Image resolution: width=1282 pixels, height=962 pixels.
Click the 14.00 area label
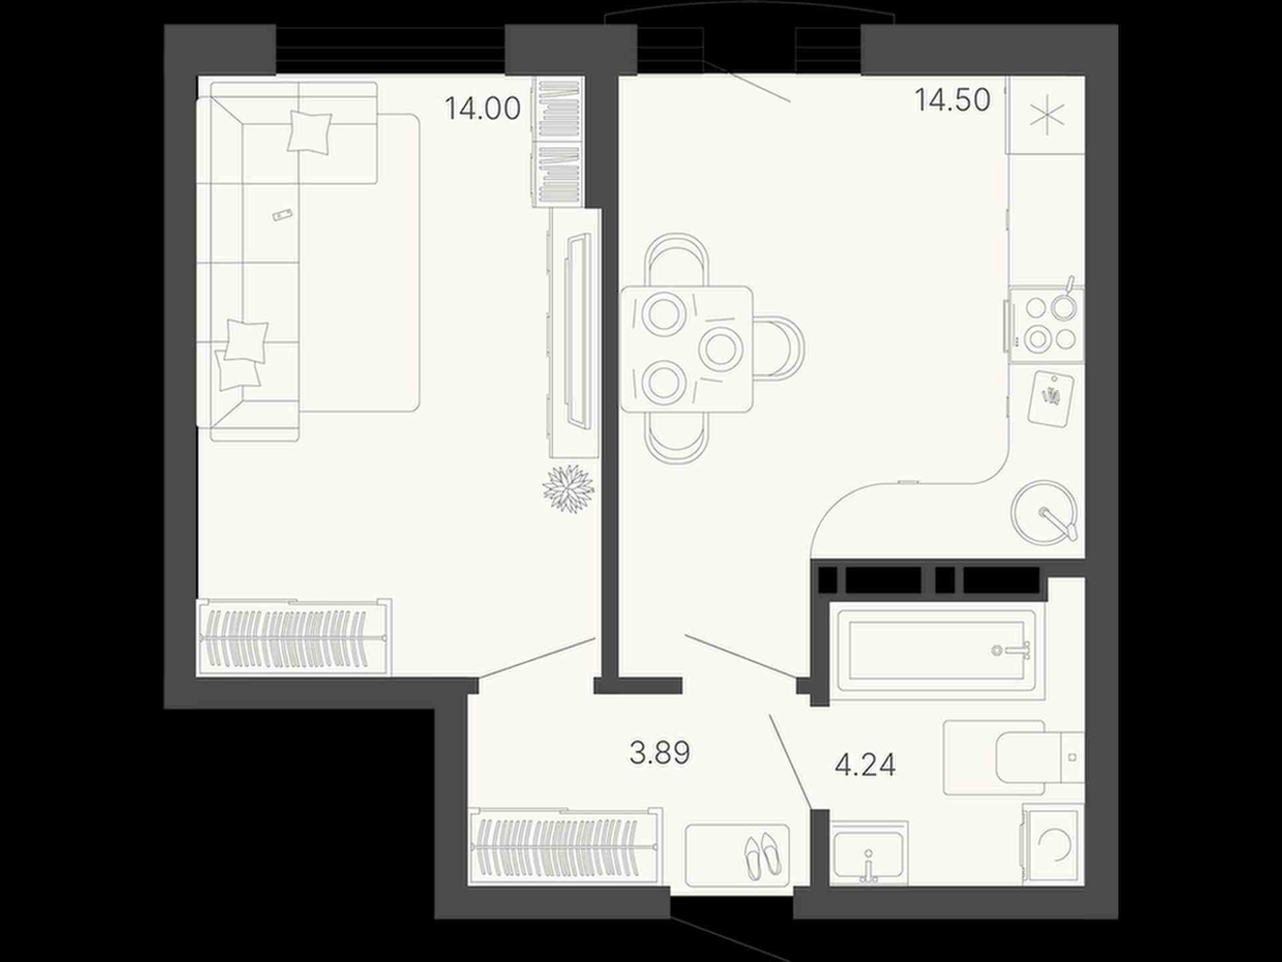482,108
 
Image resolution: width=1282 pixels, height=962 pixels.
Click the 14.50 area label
952,100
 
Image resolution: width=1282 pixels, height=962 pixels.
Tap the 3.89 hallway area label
660,753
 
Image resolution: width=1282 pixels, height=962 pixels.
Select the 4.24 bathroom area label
865,764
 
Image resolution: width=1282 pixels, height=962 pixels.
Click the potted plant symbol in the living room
568,488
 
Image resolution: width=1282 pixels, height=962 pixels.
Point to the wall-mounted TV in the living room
578,331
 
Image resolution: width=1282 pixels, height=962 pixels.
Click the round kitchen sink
1044,513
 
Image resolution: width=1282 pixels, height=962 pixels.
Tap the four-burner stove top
1046,325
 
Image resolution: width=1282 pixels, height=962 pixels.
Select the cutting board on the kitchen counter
1051,399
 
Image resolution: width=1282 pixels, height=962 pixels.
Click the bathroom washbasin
869,853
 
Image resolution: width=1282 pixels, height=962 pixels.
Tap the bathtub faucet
1012,649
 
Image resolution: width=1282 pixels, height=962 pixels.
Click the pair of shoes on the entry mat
763,855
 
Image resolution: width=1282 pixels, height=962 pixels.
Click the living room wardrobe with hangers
294,637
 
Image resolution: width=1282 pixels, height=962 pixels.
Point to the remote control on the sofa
283,214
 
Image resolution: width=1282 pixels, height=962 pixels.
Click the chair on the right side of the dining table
779,348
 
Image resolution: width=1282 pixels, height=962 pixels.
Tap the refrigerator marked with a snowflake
1046,115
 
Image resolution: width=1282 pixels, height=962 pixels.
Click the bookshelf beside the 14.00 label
558,142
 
